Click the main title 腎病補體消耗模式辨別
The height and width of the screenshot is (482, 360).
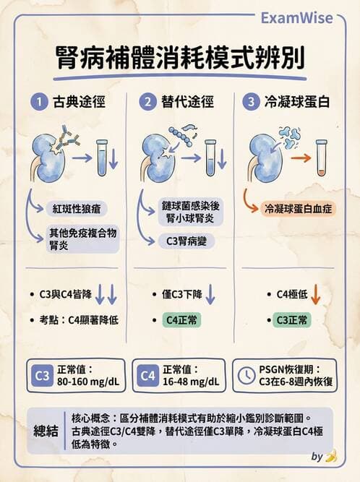click(x=179, y=58)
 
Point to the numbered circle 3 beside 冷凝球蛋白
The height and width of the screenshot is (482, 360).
click(x=251, y=102)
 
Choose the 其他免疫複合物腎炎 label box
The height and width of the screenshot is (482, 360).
click(x=79, y=240)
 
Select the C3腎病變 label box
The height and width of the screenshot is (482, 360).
click(x=187, y=241)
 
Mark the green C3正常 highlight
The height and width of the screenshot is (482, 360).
click(x=291, y=319)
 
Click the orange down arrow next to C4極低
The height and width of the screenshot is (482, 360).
click(x=316, y=295)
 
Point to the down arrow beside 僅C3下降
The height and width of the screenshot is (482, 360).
click(x=210, y=295)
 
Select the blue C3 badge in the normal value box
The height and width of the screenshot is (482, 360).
click(x=43, y=376)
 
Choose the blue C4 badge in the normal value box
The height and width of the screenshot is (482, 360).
click(x=147, y=376)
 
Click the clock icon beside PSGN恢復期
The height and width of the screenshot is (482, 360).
click(x=247, y=376)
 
